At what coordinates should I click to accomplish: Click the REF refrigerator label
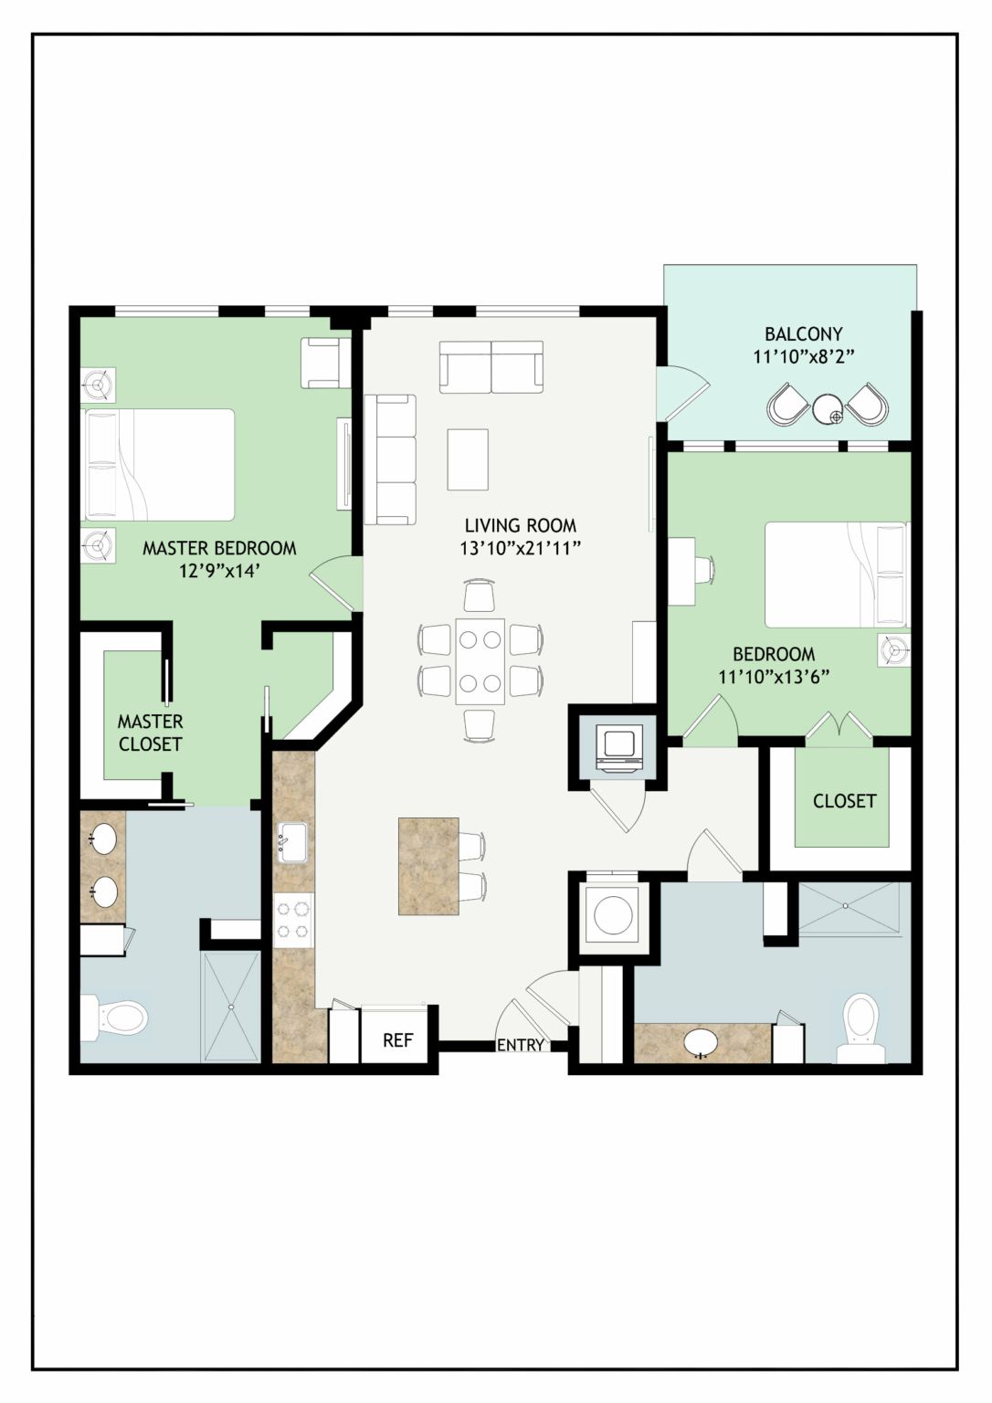(397, 1040)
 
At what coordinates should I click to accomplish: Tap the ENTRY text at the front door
(521, 1045)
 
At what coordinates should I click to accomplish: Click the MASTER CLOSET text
(151, 733)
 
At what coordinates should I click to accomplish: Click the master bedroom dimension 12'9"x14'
(219, 571)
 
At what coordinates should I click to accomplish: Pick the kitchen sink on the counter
(291, 842)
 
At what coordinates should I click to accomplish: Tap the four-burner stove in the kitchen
(293, 920)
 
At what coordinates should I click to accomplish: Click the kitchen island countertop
(429, 866)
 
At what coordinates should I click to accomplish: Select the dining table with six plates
(480, 661)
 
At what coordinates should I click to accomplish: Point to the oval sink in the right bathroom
(701, 1043)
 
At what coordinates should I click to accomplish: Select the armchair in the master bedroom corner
(326, 363)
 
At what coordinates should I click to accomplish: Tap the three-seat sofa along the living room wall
(390, 459)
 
